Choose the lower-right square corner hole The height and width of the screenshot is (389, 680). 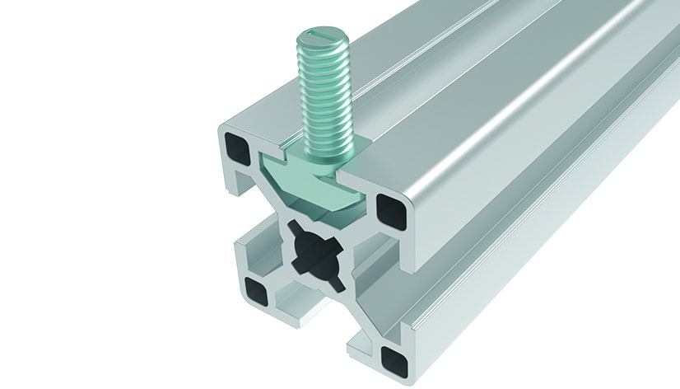coord(389,355)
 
